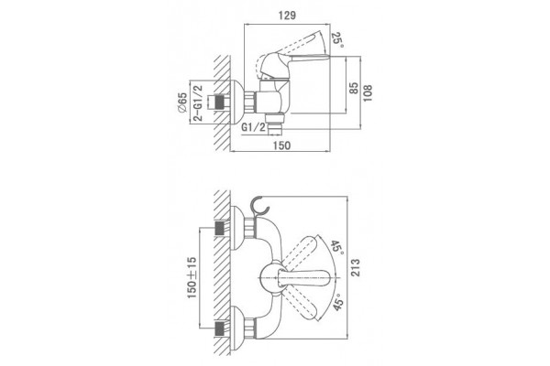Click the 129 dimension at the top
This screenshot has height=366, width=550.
287,16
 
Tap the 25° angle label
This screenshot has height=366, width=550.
337,40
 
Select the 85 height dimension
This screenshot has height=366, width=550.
354,88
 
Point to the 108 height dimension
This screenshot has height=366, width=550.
368,92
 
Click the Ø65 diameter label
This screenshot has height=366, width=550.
181,103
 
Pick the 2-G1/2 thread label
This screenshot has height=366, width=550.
198,102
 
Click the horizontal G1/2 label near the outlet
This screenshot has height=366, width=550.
254,127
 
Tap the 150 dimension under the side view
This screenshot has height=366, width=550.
281,145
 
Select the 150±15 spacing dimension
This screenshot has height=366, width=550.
192,278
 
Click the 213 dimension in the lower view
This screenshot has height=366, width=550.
356,267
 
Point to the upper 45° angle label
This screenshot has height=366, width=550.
336,248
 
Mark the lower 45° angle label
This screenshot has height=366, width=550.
338,302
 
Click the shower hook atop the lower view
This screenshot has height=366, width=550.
260,207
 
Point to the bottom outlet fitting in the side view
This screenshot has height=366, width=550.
274,124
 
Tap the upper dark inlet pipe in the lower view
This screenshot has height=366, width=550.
220,229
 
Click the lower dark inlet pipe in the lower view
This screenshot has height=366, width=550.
220,328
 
